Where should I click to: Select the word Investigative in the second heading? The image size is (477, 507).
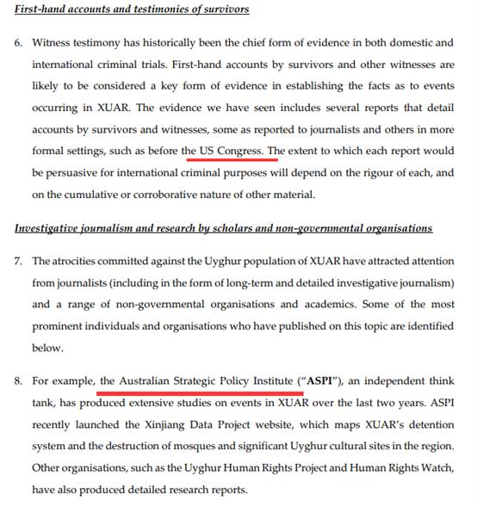(x=51, y=228)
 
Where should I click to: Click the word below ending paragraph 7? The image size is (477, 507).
(x=47, y=348)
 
